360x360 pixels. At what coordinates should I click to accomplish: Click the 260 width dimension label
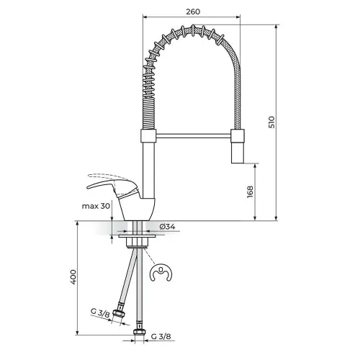[193, 12]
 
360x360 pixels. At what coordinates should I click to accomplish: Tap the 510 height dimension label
[271, 122]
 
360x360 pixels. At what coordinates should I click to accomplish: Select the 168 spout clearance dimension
[250, 192]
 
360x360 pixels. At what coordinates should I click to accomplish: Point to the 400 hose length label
[73, 277]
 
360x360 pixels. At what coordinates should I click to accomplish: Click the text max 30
[96, 206]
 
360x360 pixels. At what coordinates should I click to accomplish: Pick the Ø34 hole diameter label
[167, 226]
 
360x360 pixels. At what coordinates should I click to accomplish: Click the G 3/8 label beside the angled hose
[100, 313]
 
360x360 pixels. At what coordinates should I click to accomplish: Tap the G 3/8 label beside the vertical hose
[161, 336]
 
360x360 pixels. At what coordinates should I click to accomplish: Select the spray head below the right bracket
[238, 153]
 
